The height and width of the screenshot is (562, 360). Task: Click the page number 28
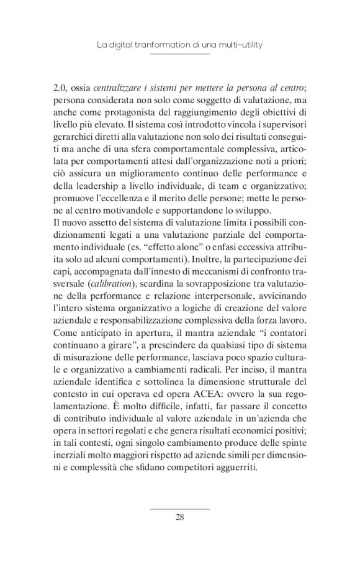coord(179,518)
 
